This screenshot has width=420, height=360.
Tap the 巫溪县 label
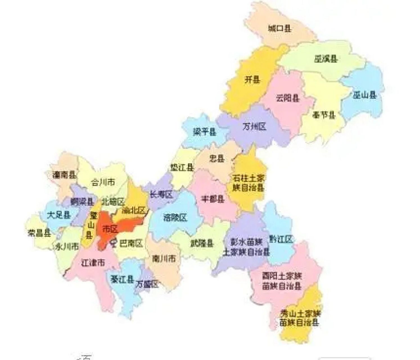[326, 59]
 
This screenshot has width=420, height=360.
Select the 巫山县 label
[364, 95]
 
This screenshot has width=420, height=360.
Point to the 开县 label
[252, 80]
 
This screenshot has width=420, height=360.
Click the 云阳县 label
[288, 98]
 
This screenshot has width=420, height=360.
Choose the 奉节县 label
[324, 115]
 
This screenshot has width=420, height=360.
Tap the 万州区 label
[254, 127]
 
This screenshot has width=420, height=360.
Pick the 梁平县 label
[205, 132]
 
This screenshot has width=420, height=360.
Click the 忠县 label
[217, 159]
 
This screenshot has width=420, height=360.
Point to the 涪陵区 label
[175, 217]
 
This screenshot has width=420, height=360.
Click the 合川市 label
[103, 183]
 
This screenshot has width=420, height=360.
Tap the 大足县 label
[59, 215]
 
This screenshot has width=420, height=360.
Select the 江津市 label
[93, 263]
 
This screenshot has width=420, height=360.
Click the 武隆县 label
[202, 243]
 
